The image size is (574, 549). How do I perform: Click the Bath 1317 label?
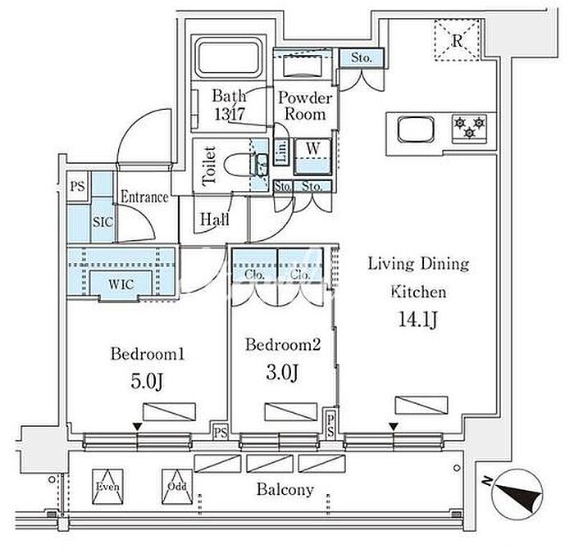tap(227, 104)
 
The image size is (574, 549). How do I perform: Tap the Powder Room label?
tap(305, 106)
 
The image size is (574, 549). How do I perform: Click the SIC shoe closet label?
tap(102, 222)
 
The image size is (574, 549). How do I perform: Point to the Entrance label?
tap(144, 197)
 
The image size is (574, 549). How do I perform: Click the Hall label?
tap(212, 220)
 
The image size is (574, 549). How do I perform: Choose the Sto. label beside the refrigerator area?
tap(362, 58)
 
